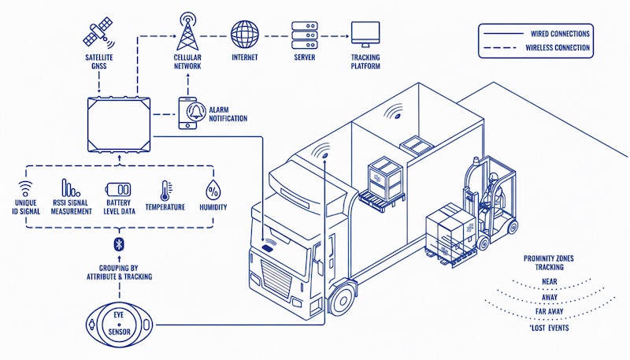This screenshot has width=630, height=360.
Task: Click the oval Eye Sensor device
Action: tap(120, 322)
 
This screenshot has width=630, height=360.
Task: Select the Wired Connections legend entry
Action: tap(535, 34)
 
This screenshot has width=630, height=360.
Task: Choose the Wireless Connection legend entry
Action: tap(535, 48)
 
